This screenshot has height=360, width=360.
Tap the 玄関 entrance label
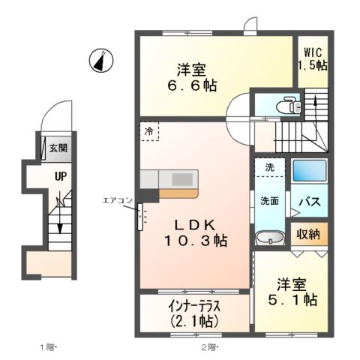(58, 148)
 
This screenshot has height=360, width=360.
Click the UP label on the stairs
(58, 178)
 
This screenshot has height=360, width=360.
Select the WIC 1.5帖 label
(312, 58)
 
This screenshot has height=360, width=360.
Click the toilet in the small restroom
(285, 106)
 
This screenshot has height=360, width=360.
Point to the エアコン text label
(117, 200)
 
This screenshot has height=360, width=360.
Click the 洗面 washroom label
(269, 201)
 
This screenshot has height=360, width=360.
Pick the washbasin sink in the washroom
(268, 239)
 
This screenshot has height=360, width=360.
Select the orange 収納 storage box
(307, 234)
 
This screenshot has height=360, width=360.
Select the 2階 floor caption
(208, 347)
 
